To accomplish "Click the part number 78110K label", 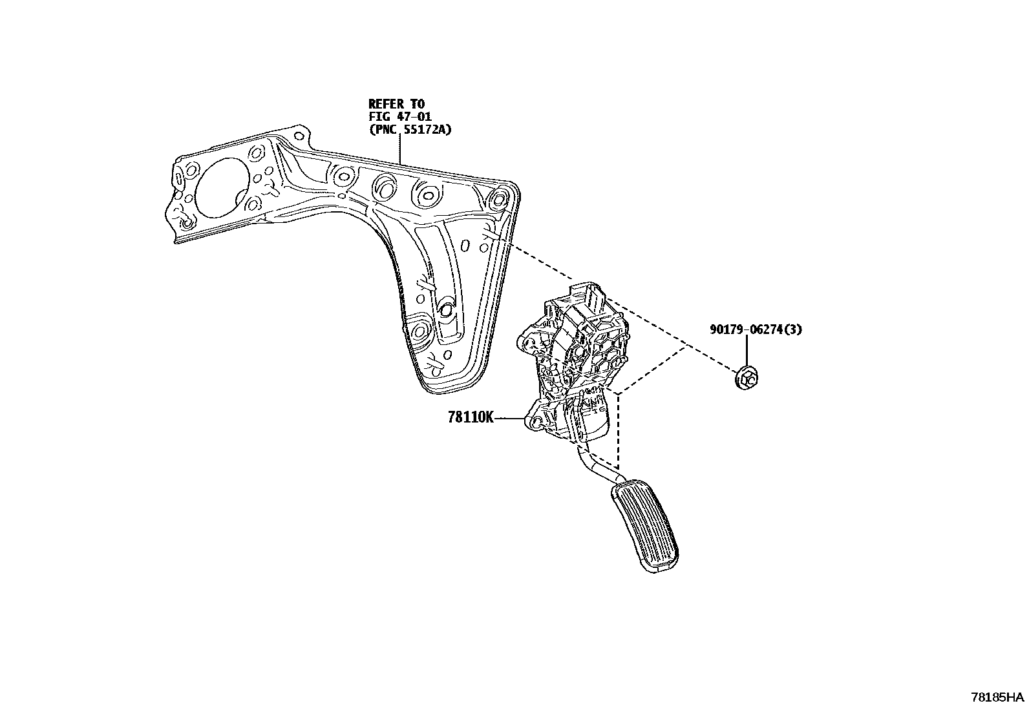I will [470, 418].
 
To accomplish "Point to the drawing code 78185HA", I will [998, 698].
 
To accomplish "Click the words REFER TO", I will [396, 103].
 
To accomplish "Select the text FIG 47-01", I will [400, 116].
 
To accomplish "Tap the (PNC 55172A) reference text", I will [410, 129].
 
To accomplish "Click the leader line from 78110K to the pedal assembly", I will [511, 419].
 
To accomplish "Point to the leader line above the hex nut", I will [747, 352].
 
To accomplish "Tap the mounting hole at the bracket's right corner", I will [500, 199].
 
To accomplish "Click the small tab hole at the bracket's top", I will [298, 137].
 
